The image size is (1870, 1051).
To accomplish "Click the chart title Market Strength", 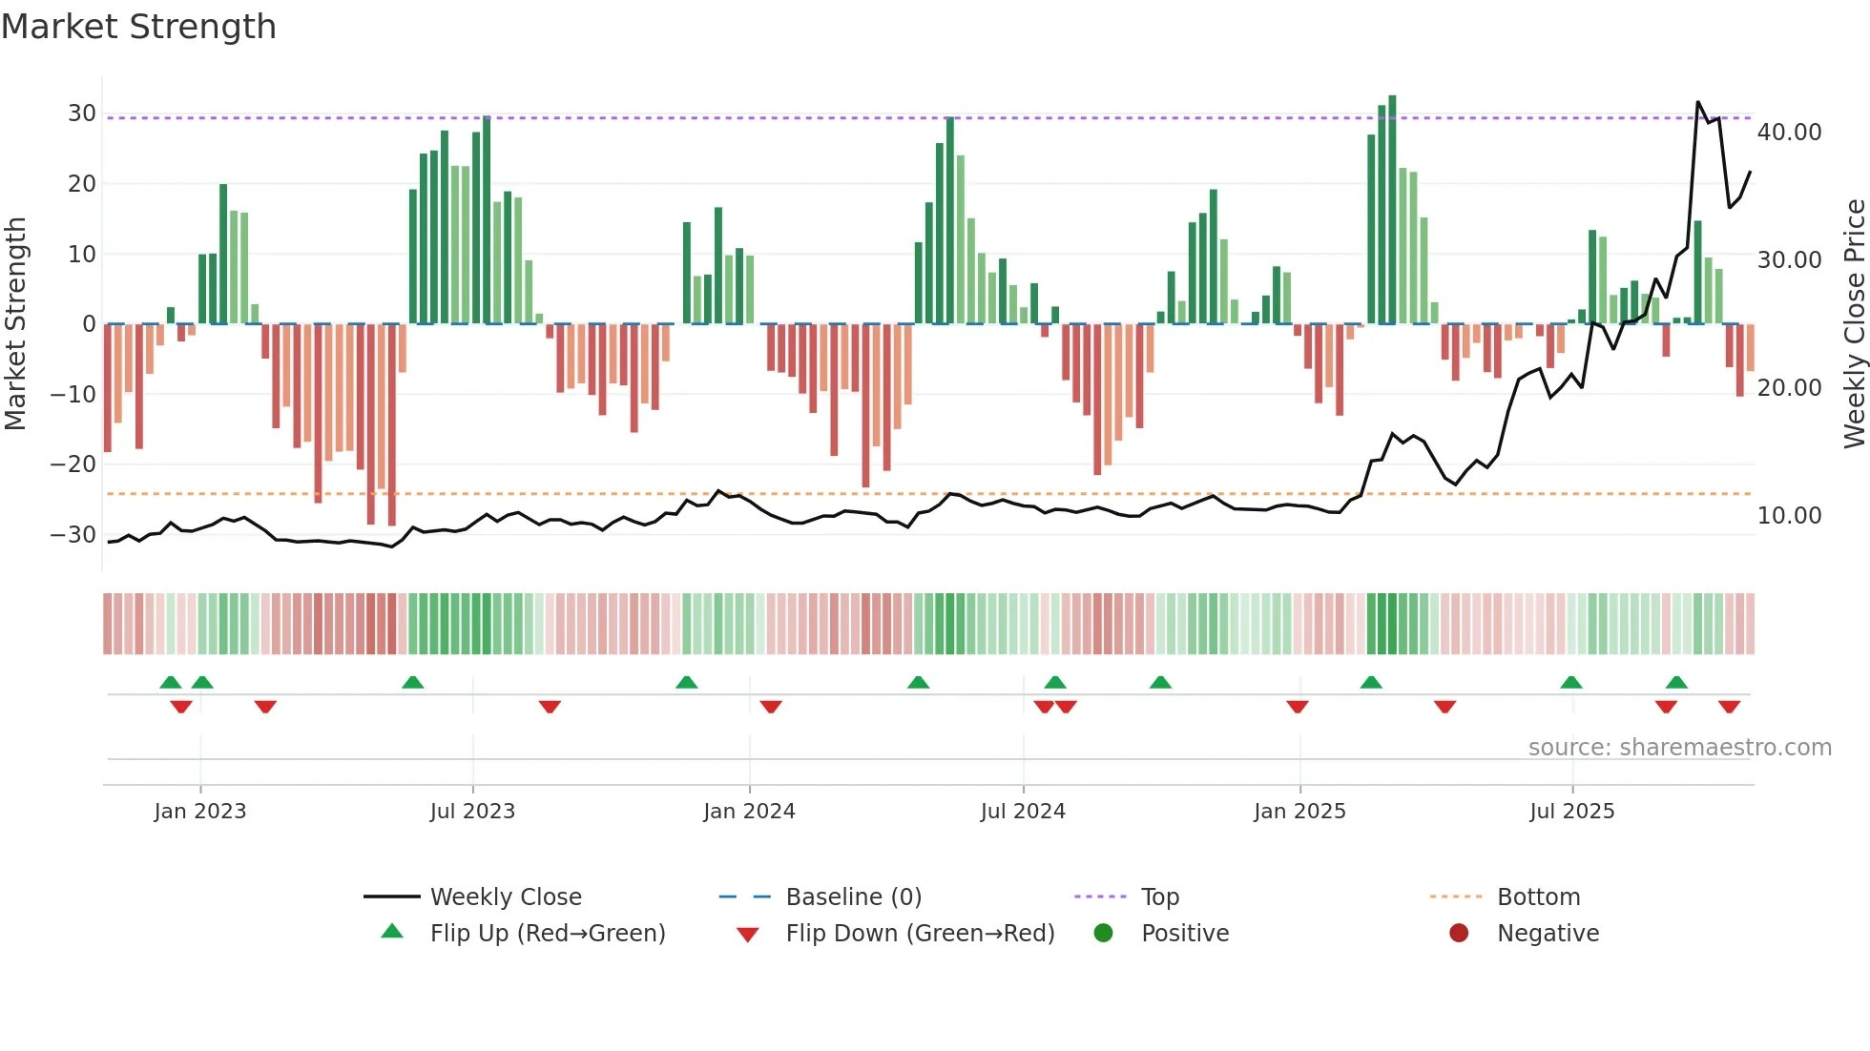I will point(138,27).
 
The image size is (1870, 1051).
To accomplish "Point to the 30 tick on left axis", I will point(82,113).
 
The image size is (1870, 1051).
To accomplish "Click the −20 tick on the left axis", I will point(73,464).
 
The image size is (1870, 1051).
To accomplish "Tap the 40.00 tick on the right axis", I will point(1789,133).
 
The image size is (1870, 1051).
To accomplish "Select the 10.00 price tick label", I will point(1789,516).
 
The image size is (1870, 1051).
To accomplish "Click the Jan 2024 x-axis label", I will point(749,812).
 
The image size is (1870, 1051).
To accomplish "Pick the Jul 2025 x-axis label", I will point(1571,812).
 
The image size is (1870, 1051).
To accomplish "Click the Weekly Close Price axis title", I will point(1854,324).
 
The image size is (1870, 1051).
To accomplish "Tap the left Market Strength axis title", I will point(16,324).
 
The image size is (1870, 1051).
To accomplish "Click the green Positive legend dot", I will point(1103,934).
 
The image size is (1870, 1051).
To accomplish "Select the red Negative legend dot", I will point(1459,934).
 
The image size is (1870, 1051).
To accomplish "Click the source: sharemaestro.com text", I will point(1679,748).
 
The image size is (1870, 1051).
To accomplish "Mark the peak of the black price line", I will point(1698,102).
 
